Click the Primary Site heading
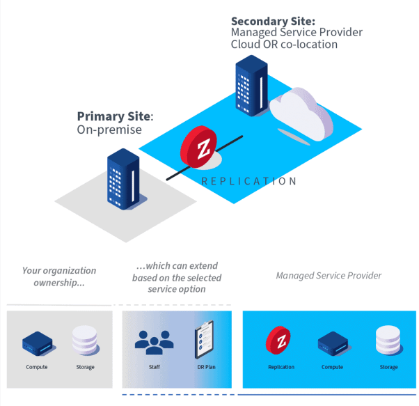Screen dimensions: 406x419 pos(114,116)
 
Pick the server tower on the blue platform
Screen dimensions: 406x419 pos(251,85)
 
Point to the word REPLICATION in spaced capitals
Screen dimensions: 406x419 pos(248,181)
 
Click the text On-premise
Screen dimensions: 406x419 pos(109,130)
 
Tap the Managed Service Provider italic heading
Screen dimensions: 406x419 pos(329,275)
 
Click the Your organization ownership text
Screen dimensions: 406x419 pos(59,276)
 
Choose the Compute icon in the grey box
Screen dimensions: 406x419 pos(37,342)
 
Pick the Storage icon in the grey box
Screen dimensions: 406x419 pos(85,340)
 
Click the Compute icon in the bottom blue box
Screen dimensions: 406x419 pos(332,342)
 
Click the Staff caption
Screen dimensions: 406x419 pos(154,367)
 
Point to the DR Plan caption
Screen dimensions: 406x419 pos(205,367)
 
